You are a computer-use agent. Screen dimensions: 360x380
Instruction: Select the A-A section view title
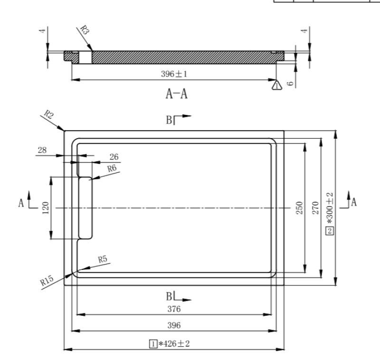pyautogui.click(x=176, y=94)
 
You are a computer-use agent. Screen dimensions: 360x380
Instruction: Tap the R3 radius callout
pyautogui.click(x=84, y=32)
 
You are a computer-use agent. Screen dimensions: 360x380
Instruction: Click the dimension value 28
pyautogui.click(x=42, y=150)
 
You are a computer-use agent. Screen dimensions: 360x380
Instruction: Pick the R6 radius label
pyautogui.click(x=112, y=169)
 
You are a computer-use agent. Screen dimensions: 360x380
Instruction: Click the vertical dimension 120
pyautogui.click(x=46, y=208)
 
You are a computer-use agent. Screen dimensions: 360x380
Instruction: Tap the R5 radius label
pyautogui.click(x=103, y=259)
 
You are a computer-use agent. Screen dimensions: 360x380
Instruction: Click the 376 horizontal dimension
pyautogui.click(x=174, y=309)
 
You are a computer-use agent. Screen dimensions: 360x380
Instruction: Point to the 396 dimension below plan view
pyautogui.click(x=174, y=326)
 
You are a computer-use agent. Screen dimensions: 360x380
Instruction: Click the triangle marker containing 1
pyautogui.click(x=276, y=85)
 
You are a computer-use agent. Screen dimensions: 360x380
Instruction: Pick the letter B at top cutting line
pyautogui.click(x=169, y=120)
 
